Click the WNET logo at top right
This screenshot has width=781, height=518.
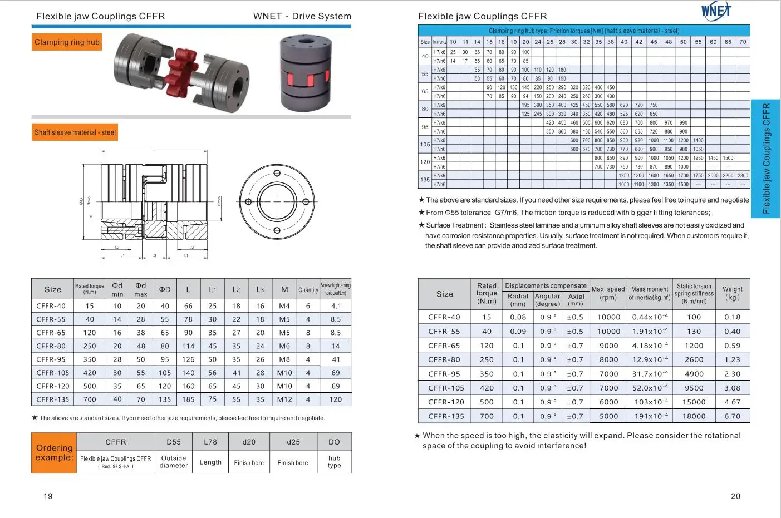[716, 10]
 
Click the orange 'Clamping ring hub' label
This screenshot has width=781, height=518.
[67, 42]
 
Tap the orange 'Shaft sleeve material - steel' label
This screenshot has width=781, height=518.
[75, 132]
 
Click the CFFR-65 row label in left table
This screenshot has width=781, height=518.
[51, 333]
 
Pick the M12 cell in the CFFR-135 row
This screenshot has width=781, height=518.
[284, 399]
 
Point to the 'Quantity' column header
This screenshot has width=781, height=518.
[308, 290]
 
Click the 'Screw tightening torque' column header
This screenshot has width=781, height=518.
[335, 289]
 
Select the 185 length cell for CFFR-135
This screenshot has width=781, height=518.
[188, 399]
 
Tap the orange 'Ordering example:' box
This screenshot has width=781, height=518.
[54, 453]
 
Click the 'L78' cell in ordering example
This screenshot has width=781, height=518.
[210, 442]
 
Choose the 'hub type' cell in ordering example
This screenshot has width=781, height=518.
[334, 462]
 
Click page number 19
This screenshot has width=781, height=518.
[48, 496]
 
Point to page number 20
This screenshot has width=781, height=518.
[735, 496]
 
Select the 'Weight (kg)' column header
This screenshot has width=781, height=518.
[732, 293]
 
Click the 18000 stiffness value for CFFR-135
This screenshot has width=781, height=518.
[694, 416]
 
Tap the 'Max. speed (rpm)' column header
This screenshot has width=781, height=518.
[608, 293]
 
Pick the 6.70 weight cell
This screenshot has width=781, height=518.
[732, 416]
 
